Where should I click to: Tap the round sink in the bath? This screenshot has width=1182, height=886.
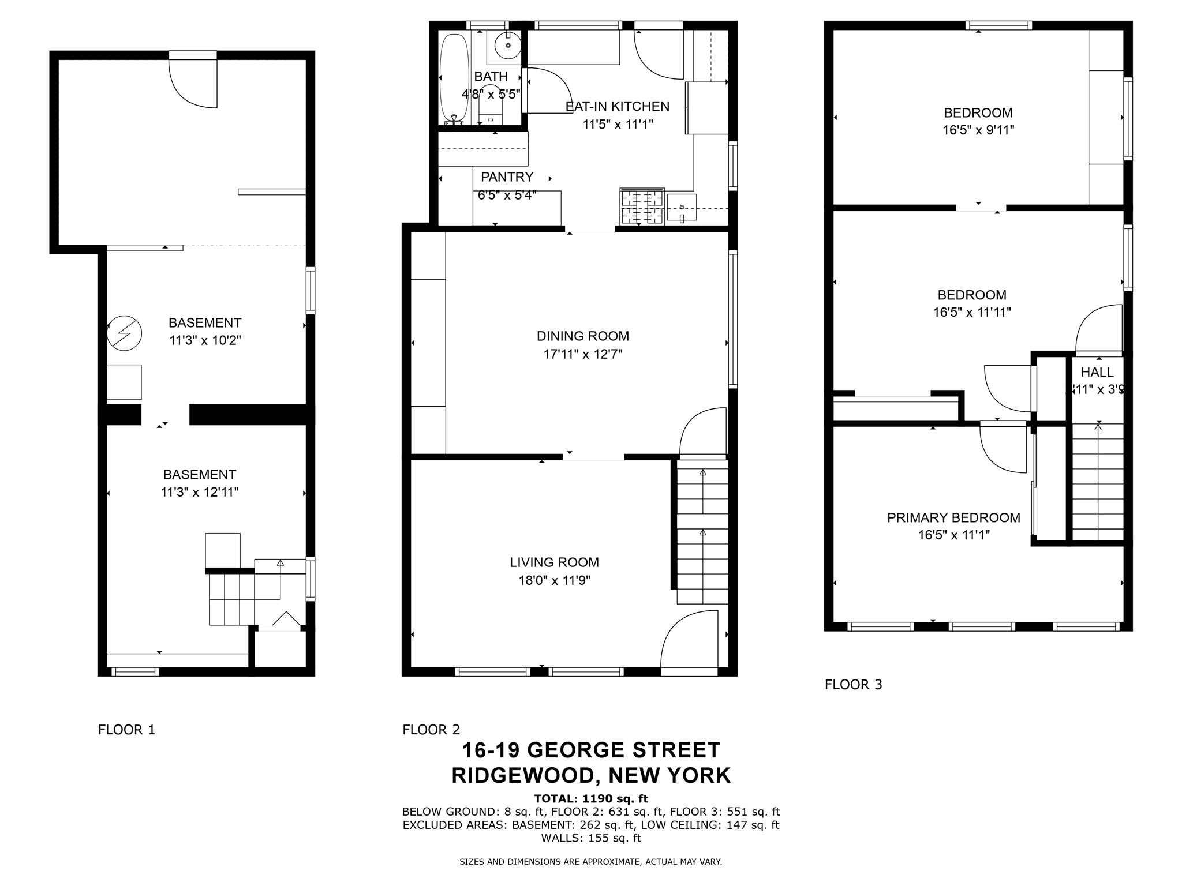coord(508,44)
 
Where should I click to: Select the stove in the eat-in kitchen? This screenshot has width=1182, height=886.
coord(641,207)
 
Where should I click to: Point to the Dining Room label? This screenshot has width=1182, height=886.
coord(583,336)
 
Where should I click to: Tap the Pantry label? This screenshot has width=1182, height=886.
coord(507,177)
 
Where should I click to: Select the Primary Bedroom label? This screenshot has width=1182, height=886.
coord(953,517)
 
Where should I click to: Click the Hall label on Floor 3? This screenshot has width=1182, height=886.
coord(1097,372)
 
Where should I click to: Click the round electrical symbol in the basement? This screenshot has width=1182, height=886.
coord(125,333)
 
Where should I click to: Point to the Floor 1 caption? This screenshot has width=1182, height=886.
coord(127,730)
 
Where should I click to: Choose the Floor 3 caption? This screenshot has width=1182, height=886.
coord(854,685)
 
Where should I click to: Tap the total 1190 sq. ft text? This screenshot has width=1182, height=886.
coord(591,799)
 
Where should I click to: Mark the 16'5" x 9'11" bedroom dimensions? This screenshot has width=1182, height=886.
coord(978,130)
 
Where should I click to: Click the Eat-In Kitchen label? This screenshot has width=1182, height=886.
coord(618,106)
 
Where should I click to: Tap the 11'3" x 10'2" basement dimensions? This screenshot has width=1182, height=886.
coord(205,340)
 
